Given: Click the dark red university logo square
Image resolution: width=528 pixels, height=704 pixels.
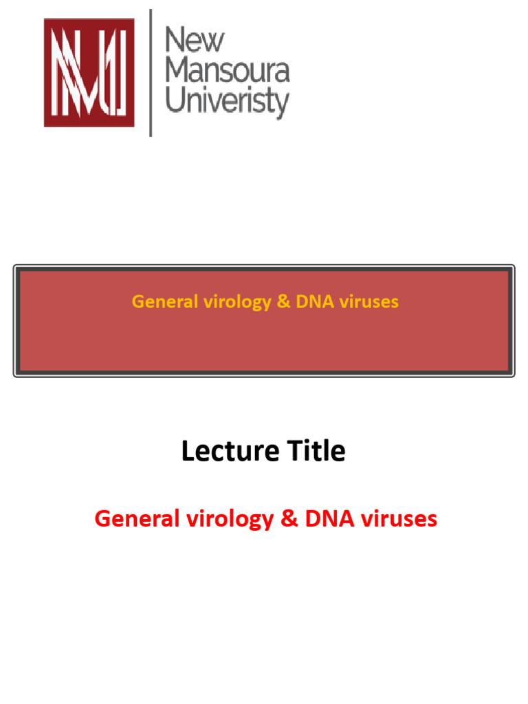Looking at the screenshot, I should coord(89,72).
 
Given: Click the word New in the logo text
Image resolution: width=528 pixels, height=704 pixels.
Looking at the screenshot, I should coord(195,41).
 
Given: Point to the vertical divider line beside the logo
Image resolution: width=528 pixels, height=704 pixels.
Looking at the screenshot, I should coord(151,72).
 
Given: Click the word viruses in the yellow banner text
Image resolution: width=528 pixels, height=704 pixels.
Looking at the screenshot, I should coord(368,301).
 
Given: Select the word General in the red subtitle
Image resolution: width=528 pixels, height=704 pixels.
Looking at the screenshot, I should coord(135,518).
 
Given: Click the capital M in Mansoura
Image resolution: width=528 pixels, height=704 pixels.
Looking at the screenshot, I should coord(178,71).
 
